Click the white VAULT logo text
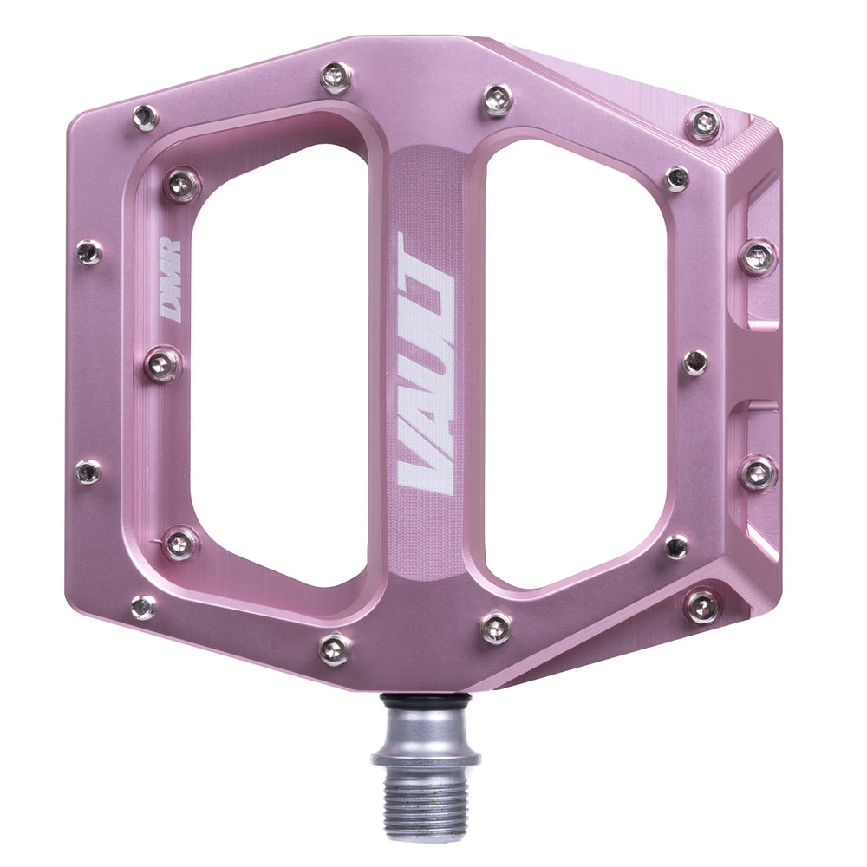tap(425, 364)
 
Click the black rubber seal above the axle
tap(426, 698)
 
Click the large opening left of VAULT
tap(277, 364)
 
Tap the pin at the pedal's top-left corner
tap(145, 117)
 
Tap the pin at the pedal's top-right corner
tap(703, 124)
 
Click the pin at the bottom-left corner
tap(144, 606)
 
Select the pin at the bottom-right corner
tap(702, 606)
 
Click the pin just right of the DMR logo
tap(163, 364)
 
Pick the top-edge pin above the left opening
tap(336, 77)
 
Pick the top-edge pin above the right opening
tap(498, 100)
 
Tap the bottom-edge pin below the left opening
tap(335, 649)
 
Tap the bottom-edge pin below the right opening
tap(496, 628)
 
